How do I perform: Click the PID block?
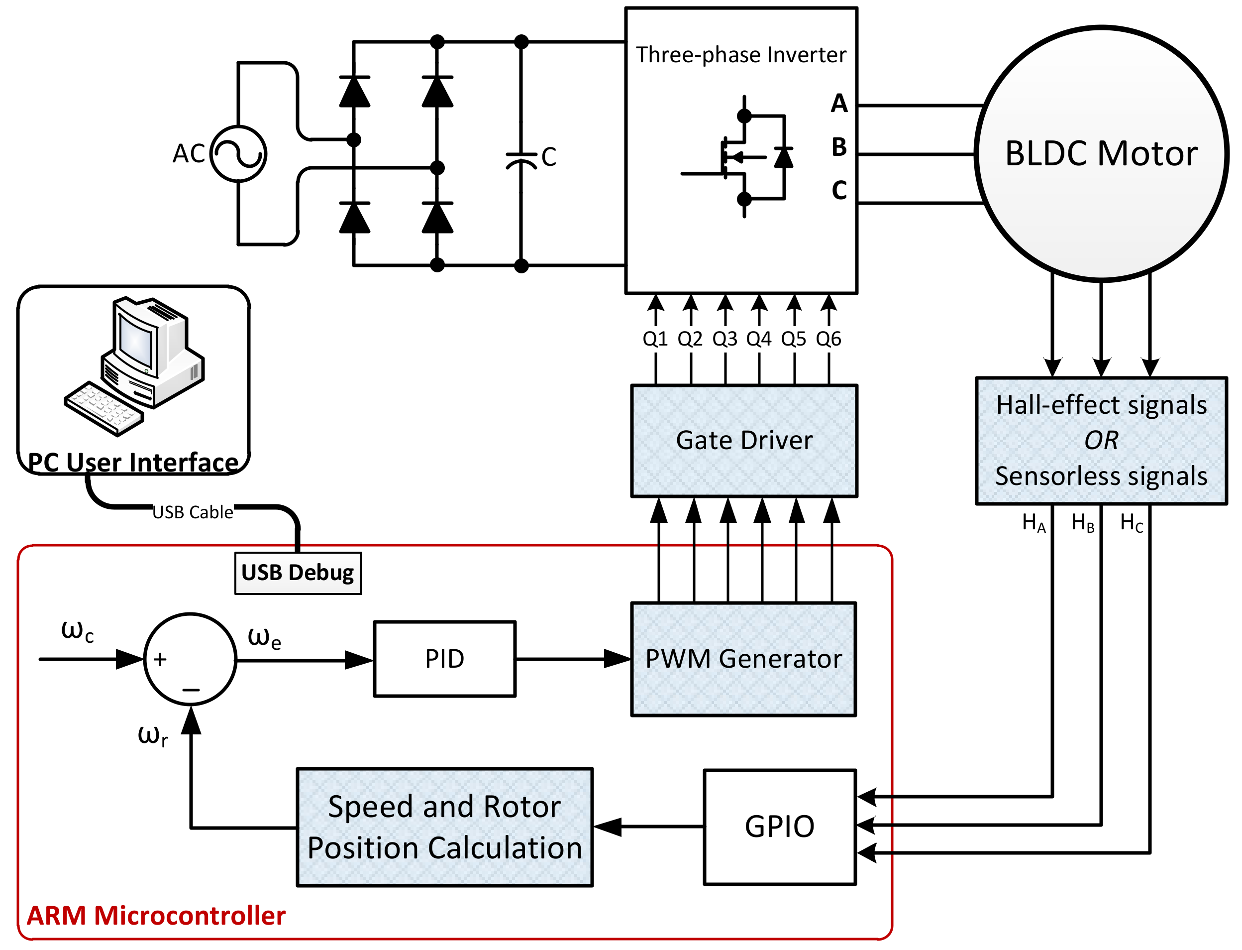pyautogui.click(x=444, y=659)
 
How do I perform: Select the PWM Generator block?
pyautogui.click(x=743, y=659)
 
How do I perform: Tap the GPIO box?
pyautogui.click(x=779, y=827)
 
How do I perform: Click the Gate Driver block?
pyautogui.click(x=743, y=441)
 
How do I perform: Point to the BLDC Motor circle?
pyautogui.click(x=1101, y=153)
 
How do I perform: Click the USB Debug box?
pyautogui.click(x=298, y=573)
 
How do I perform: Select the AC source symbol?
pyautogui.click(x=238, y=153)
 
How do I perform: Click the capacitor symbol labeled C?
pyautogui.click(x=521, y=158)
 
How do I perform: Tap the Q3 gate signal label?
pyautogui.click(x=724, y=339)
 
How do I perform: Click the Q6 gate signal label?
pyautogui.click(x=828, y=339)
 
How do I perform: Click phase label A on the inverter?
pyautogui.click(x=838, y=104)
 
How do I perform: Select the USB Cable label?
pyautogui.click(x=193, y=512)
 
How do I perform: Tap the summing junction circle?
pyautogui.click(x=190, y=659)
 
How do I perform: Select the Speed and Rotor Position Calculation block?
pyautogui.click(x=444, y=827)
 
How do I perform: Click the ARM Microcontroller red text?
pyautogui.click(x=156, y=916)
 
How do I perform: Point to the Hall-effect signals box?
pyautogui.click(x=1101, y=441)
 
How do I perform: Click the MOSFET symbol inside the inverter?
pyautogui.click(x=740, y=157)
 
